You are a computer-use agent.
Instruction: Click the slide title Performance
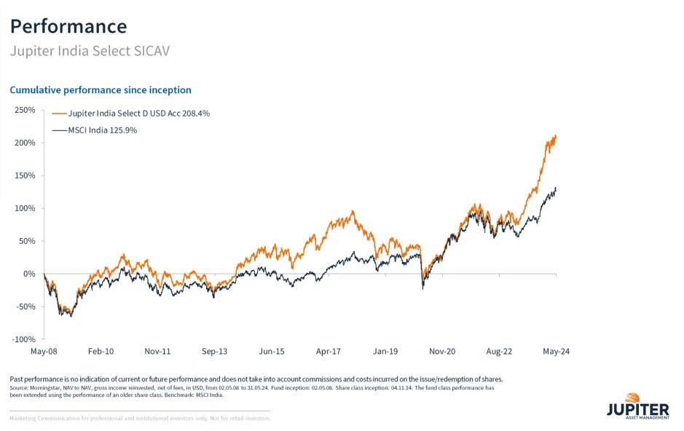pyautogui.click(x=68, y=26)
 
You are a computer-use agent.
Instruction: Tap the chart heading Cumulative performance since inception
pyautogui.click(x=101, y=90)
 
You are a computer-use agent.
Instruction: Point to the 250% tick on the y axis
pyautogui.click(x=25, y=110)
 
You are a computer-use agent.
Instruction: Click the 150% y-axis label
pyautogui.click(x=25, y=175)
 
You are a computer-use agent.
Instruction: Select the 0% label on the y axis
pyautogui.click(x=29, y=274)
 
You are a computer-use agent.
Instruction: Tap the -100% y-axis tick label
pyautogui.click(x=23, y=339)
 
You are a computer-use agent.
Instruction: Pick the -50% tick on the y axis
pyautogui.click(x=25, y=307)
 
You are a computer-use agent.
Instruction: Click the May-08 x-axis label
pyautogui.click(x=44, y=351)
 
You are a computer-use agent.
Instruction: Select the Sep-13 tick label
pyautogui.click(x=214, y=351)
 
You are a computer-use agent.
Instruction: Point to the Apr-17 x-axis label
pyautogui.click(x=329, y=351)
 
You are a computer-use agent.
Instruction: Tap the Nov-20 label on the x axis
pyautogui.click(x=442, y=351)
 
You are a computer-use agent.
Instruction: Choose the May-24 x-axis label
pyautogui.click(x=556, y=351)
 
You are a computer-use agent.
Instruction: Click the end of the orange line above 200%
pyautogui.click(x=556, y=136)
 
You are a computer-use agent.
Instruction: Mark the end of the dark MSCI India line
pyautogui.click(x=556, y=189)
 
